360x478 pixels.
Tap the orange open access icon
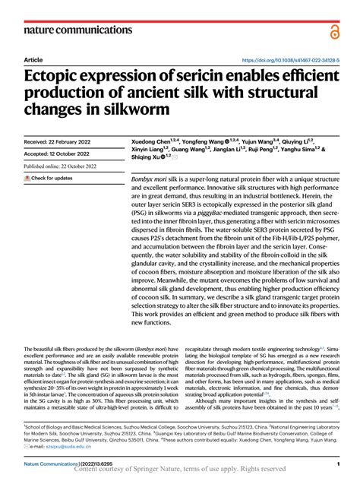click(333, 31)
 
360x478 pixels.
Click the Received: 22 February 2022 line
click(62, 141)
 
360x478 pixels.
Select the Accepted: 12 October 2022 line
click(62, 154)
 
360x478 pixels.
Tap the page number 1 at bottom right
click(336, 463)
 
